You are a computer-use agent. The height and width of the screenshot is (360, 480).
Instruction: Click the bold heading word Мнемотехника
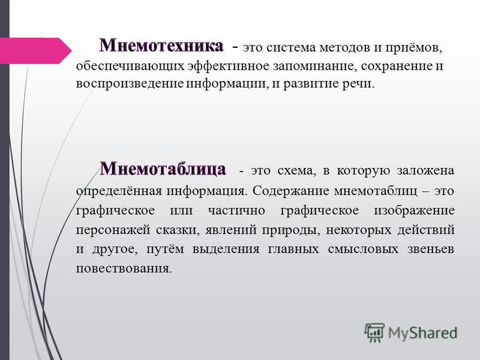coord(161,46)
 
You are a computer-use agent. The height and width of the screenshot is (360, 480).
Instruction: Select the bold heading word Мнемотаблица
coord(163,169)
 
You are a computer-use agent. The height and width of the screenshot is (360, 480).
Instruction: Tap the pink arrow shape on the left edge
coord(35,51)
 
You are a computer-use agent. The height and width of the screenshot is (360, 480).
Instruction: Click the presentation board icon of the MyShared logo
coord(374,332)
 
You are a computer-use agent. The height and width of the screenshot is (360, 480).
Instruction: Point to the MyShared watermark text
coord(422,333)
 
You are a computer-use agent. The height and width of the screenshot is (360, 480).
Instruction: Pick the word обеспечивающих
coord(130,67)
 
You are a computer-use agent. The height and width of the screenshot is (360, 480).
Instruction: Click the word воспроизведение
coord(130,84)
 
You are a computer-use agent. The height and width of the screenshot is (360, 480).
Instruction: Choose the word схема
coord(296,171)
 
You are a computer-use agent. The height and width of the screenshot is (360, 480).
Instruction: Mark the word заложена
coord(425,171)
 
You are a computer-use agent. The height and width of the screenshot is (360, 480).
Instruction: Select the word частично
coord(236,211)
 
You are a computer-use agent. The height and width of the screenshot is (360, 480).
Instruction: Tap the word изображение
coord(414,211)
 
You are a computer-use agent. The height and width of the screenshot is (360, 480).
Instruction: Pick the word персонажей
coord(113,230)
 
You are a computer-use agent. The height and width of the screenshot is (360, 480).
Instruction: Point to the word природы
coord(291,230)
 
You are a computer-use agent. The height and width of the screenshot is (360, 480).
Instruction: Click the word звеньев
coord(431,249)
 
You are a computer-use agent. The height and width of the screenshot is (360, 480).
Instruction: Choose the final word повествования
coord(124,268)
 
